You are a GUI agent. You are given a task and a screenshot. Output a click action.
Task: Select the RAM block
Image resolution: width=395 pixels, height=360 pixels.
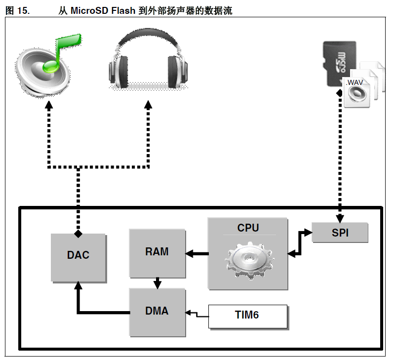point(157,252)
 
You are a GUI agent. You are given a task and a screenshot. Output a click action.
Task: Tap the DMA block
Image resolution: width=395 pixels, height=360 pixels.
point(157,311)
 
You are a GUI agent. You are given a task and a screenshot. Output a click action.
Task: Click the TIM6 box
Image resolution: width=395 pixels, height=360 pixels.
point(247,316)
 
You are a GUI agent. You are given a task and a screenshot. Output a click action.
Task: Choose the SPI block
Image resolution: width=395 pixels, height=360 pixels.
point(340,233)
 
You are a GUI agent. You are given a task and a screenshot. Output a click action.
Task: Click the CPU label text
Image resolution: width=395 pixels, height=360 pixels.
point(247,228)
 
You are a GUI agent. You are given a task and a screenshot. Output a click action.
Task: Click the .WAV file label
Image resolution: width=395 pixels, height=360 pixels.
point(355,82)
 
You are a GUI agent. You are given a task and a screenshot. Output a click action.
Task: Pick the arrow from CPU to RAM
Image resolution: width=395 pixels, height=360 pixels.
point(197,254)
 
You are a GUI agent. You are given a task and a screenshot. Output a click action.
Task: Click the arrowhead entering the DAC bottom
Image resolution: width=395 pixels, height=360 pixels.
point(78,286)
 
